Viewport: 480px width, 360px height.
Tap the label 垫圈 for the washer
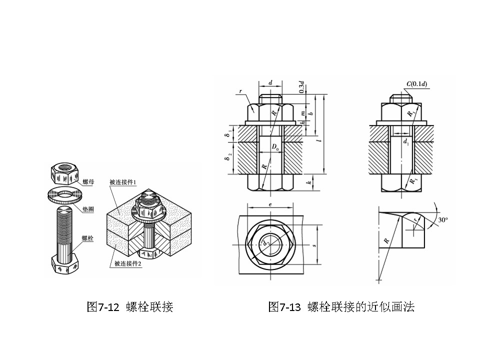coord(88,210)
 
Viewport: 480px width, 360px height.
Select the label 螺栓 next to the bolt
coord(88,239)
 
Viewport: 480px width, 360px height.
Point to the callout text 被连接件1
coord(123,182)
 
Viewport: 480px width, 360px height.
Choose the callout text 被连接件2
coord(128,264)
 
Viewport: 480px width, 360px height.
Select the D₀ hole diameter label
coord(275,147)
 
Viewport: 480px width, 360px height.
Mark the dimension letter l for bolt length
coord(318,141)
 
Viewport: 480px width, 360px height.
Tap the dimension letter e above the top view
coord(269,205)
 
